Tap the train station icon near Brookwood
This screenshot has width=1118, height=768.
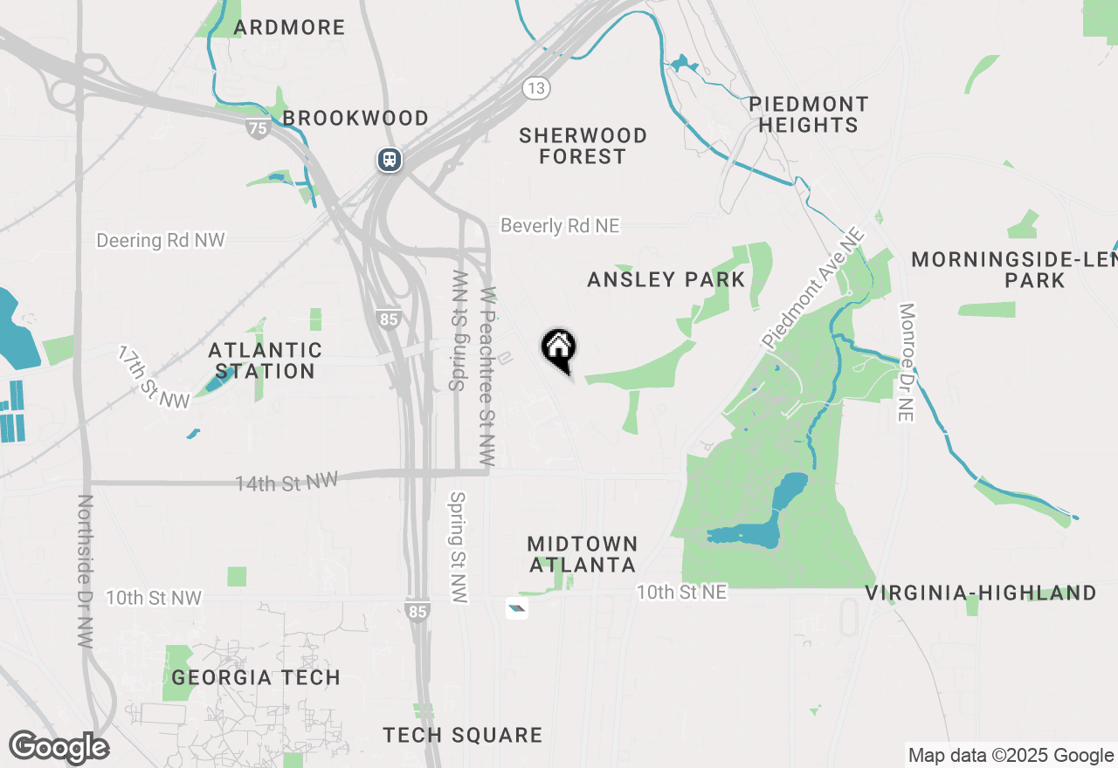(x=390, y=160)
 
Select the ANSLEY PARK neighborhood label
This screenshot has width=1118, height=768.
(x=666, y=279)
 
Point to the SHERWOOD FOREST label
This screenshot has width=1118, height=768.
(x=583, y=146)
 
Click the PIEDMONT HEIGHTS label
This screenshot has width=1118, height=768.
(x=809, y=114)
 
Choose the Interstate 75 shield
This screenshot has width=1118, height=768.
(x=258, y=128)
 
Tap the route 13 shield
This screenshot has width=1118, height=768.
(x=537, y=87)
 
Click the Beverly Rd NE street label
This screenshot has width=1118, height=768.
(x=560, y=226)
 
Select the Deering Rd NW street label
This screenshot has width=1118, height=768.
(x=161, y=240)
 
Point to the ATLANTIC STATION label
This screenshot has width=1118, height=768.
(x=265, y=360)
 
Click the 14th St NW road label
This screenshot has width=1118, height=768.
(x=286, y=482)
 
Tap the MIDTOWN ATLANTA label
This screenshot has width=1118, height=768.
(x=583, y=554)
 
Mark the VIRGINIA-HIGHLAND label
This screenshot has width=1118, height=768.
(x=981, y=593)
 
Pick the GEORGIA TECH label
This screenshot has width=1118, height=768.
(x=256, y=677)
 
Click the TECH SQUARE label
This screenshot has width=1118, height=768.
(x=463, y=736)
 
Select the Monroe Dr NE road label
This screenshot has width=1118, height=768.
(x=906, y=362)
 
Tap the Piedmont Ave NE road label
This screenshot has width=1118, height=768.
(x=813, y=288)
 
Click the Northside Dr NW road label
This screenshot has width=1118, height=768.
(x=85, y=571)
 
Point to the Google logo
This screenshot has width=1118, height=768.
(x=59, y=748)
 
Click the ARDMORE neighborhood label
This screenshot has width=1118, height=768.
(x=290, y=27)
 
